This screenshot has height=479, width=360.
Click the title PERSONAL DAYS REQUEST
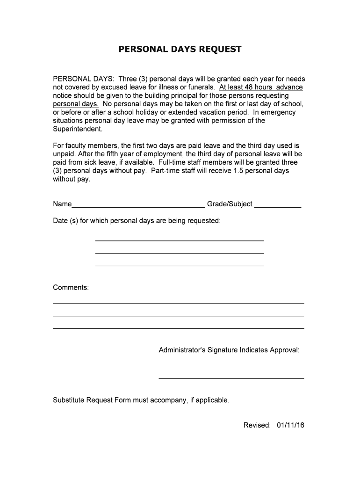click(x=180, y=49)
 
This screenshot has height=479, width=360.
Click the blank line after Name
click(x=138, y=206)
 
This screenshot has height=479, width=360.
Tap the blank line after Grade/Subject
click(x=277, y=206)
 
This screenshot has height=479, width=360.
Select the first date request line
click(x=180, y=240)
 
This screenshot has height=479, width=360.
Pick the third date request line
click(x=180, y=266)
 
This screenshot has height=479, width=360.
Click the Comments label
click(x=71, y=287)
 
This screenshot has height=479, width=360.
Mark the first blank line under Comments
click(x=178, y=303)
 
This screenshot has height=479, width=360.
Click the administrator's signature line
click(x=231, y=378)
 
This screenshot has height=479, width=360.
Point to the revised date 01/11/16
click(x=290, y=425)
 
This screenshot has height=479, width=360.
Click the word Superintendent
click(x=75, y=129)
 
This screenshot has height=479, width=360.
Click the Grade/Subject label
click(x=230, y=204)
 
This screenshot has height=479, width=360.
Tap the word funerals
click(x=200, y=87)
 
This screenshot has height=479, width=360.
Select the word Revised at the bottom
click(x=257, y=425)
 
